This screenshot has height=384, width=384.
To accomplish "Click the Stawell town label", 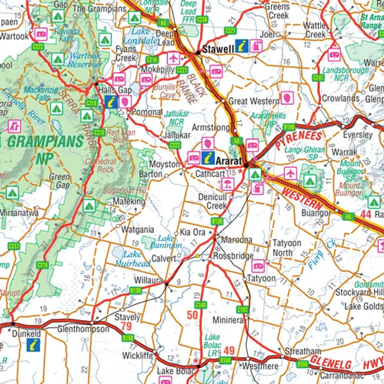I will tap(219, 49).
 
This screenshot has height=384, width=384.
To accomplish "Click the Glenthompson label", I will tap(83, 329).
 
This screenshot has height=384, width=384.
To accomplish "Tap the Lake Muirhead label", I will tap(133, 259).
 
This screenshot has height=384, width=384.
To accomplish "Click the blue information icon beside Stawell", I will tap(241, 46).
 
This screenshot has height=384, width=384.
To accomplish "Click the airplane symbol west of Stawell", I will tap(173, 58).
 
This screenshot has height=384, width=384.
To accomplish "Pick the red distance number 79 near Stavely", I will tap(126, 326).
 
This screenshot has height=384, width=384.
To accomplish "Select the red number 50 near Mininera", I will tap(192, 316).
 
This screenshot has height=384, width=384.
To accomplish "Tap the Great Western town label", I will tap(253, 101).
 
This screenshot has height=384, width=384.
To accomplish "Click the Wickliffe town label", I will tap(137, 356).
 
